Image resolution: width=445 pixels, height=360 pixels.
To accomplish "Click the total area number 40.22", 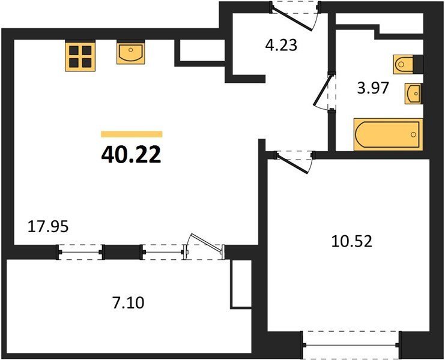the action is (131, 155).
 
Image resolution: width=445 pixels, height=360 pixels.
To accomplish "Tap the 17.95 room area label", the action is (48, 227).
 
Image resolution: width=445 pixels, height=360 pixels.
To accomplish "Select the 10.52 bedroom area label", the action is (352, 242).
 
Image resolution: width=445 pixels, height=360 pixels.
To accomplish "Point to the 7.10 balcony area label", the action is (129, 303).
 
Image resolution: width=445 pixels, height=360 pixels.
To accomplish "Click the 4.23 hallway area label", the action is (281, 46).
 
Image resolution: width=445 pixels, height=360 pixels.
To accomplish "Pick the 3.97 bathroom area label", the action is (372, 88).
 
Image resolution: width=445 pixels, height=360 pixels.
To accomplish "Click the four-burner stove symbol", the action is (80, 56).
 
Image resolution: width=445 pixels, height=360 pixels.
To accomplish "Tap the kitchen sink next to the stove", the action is (131, 52).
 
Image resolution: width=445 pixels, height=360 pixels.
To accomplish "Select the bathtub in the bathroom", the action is (388, 134).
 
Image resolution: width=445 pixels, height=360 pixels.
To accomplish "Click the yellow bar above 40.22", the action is (132, 134).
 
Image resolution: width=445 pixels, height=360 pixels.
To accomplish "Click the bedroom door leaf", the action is (292, 163).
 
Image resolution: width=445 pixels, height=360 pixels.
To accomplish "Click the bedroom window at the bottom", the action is (351, 345).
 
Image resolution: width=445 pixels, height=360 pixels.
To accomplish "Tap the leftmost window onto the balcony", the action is (80, 252).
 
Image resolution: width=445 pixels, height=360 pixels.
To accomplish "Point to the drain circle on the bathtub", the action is (414, 134).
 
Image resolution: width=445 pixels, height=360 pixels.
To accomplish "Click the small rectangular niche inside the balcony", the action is (241, 284).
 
